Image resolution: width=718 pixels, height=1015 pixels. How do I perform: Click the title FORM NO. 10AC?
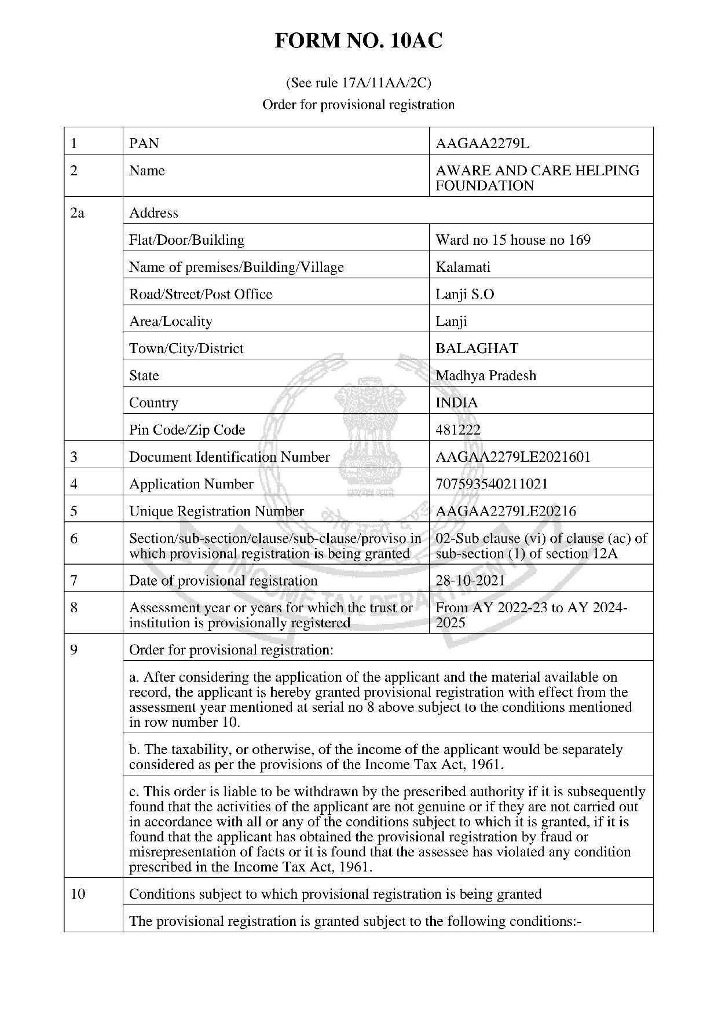(358, 41)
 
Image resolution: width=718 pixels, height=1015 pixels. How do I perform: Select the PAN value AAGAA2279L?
(482, 144)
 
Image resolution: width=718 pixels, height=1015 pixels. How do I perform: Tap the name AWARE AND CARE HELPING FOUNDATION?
(537, 178)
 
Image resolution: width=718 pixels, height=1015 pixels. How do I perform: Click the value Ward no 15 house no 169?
(512, 240)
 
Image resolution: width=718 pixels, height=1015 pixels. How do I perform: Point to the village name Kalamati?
(463, 267)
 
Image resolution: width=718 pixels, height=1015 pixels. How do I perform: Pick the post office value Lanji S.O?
(464, 295)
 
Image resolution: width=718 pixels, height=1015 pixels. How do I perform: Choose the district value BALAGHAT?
(477, 348)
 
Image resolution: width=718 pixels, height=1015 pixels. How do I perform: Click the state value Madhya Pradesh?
(485, 376)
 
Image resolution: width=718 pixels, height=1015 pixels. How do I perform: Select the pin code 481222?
(457, 430)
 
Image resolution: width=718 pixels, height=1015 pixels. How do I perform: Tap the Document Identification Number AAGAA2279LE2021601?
(512, 457)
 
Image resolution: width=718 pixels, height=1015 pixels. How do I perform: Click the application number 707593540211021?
(492, 484)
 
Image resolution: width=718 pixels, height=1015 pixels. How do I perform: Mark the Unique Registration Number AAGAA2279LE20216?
(505, 512)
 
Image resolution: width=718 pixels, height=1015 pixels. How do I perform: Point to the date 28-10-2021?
(470, 580)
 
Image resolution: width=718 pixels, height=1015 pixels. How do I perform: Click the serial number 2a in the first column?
(77, 213)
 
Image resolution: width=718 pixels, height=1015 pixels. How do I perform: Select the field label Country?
(153, 403)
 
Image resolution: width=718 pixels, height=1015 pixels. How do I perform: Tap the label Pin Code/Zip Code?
(186, 430)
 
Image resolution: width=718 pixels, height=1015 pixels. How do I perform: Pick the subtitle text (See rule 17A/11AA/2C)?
(358, 83)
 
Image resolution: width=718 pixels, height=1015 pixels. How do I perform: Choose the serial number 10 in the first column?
(78, 894)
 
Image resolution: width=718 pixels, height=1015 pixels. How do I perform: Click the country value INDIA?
(456, 403)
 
